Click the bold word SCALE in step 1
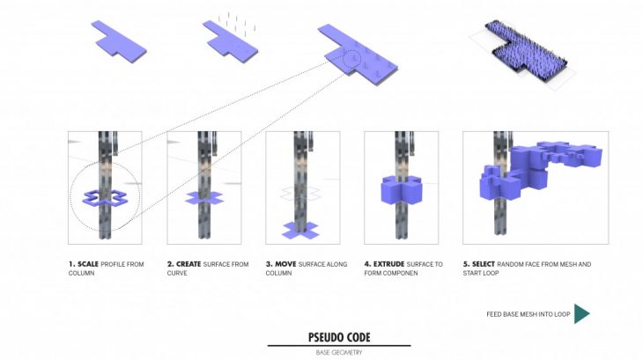point(88,264)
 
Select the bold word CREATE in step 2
point(188,264)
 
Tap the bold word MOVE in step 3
point(285,264)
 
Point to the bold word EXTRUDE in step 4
point(388,264)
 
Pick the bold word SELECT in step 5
point(484,264)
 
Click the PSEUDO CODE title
point(339,337)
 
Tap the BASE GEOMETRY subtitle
point(339,352)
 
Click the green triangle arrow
point(580,313)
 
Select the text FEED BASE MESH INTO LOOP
point(528,314)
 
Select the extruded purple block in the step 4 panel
point(401,190)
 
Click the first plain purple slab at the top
point(119,41)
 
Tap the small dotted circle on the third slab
point(351,59)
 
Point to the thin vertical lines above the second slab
point(237,24)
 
